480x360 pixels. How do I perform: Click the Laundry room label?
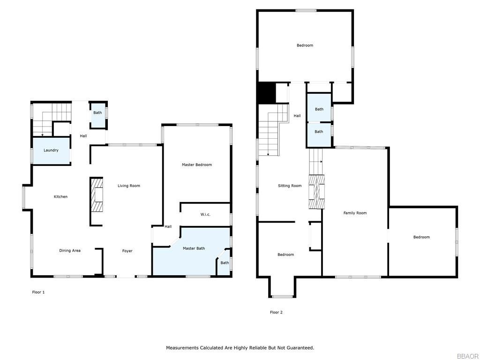(x=51, y=150)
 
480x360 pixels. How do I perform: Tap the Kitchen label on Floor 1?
(x=60, y=197)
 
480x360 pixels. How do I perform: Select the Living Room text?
(x=128, y=186)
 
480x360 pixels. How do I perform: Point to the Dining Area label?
(x=70, y=251)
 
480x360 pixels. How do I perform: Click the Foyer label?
(x=127, y=251)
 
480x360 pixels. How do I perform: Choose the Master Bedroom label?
(x=197, y=165)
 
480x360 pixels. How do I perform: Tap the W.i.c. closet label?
(x=205, y=215)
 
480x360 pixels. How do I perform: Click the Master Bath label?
(x=194, y=248)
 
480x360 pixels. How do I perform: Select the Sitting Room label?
(x=290, y=186)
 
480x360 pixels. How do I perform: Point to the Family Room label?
(x=355, y=213)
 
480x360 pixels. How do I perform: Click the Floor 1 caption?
(x=38, y=292)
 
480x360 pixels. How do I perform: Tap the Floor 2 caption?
(x=276, y=313)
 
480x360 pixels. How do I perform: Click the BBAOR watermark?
(x=468, y=356)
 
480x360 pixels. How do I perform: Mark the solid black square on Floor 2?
(x=266, y=92)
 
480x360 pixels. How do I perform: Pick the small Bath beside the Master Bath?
(x=225, y=263)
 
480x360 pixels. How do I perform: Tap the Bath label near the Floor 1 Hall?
(x=97, y=113)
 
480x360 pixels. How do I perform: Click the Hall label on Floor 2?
(x=297, y=116)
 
